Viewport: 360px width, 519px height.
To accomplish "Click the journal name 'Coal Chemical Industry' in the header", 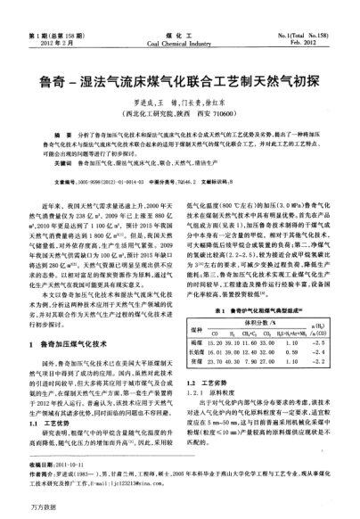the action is point(179,17).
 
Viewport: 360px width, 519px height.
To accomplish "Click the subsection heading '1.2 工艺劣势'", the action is point(210,354).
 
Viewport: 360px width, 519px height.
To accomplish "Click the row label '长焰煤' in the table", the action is point(200,326).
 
